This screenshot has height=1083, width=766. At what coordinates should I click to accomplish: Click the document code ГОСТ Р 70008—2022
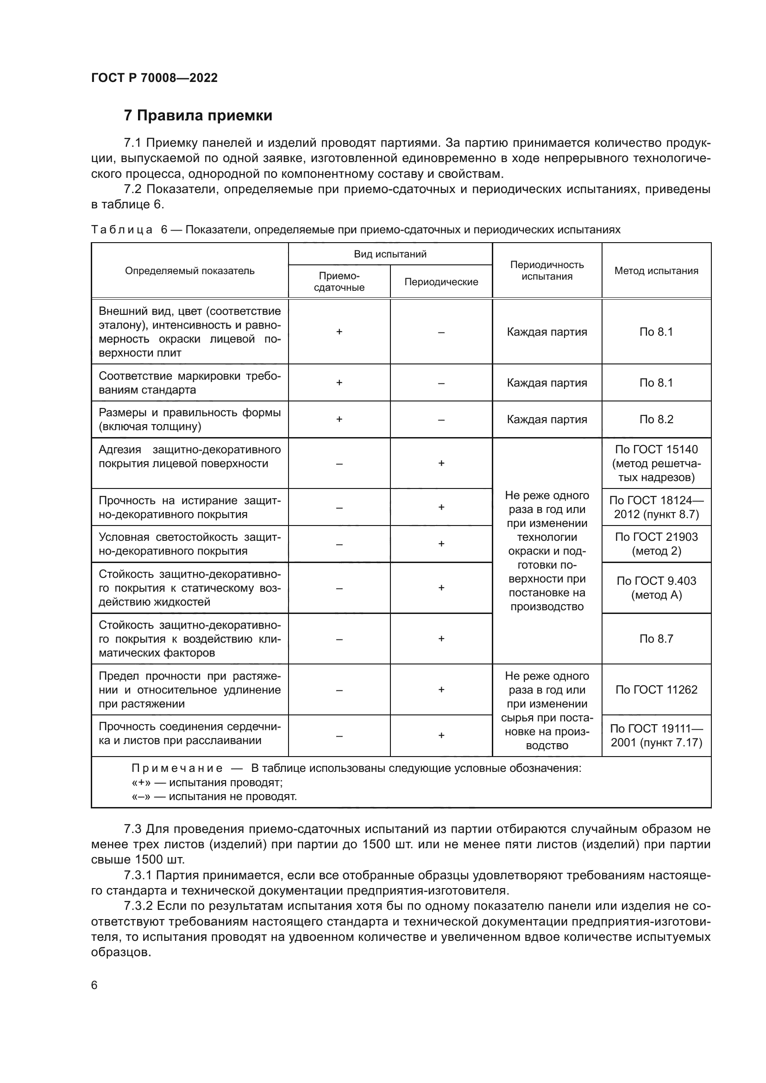click(154, 78)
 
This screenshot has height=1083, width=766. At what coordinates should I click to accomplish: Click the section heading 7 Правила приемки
click(198, 116)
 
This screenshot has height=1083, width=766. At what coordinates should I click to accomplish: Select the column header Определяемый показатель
click(189, 271)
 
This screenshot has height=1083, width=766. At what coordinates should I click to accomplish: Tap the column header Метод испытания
click(656, 271)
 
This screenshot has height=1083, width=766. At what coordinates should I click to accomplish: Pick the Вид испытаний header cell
click(390, 254)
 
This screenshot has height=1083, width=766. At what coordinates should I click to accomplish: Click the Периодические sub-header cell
click(441, 282)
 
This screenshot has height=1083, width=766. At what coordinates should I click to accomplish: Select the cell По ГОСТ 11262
click(656, 689)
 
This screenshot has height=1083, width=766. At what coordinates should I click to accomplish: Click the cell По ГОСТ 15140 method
click(656, 463)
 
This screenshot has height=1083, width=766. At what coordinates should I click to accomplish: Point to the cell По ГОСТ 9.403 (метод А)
click(656, 588)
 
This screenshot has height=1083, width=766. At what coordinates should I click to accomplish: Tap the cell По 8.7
click(656, 639)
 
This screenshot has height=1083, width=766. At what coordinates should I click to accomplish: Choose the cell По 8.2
click(656, 419)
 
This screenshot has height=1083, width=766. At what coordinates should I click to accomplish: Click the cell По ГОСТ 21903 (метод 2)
click(656, 544)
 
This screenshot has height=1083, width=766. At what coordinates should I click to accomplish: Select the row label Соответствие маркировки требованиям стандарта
click(189, 382)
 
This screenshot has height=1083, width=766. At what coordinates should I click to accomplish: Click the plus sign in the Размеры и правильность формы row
click(339, 419)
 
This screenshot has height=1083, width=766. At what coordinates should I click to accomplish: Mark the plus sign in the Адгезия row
click(441, 463)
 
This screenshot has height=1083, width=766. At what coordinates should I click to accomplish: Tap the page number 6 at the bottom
click(94, 985)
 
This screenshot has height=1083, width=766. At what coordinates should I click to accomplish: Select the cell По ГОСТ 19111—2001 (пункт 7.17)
click(656, 736)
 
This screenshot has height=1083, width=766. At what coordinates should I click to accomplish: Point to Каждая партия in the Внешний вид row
click(546, 332)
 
